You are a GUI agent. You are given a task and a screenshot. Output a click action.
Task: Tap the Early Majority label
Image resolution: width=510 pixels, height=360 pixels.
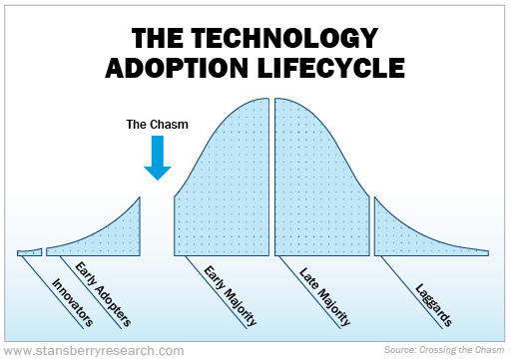(231, 296)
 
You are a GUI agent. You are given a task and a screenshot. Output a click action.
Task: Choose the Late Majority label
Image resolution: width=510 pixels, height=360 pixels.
(326, 296)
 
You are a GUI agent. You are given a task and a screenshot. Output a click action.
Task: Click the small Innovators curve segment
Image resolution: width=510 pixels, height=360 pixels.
(29, 252)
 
